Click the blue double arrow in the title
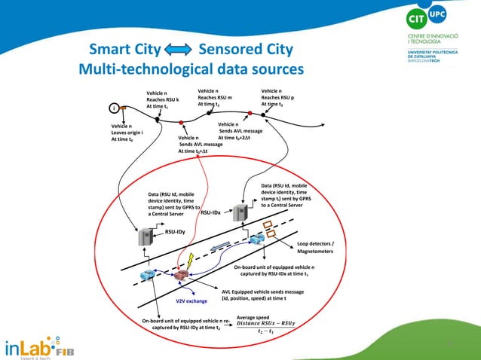click(x=179, y=51)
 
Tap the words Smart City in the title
click(x=124, y=51)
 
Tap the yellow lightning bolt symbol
click(x=189, y=259)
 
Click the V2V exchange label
click(x=191, y=301)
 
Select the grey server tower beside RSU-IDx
click(x=242, y=213)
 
